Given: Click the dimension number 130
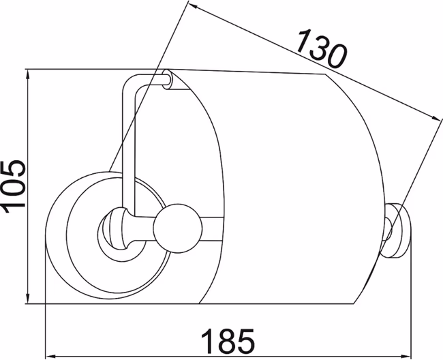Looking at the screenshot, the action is tap(322, 48).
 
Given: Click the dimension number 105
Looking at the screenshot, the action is tap(13, 187).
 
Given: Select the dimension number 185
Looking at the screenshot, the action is tap(228, 341).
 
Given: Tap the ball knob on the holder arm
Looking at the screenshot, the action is tap(178, 228).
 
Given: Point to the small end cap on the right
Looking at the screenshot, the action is tap(395, 230).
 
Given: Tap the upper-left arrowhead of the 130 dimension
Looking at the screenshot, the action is tap(195, 6).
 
